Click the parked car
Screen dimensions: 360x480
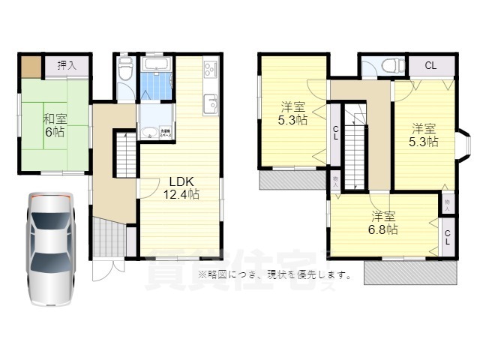pos(51,247)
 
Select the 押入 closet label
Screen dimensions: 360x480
pos(66,66)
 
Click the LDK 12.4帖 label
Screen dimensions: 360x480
pos(182,187)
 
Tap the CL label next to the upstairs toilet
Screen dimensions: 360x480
pos(430,66)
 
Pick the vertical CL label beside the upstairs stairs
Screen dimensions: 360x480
pos(335,134)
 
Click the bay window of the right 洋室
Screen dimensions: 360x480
pos(463,146)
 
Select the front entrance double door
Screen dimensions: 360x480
pos(106,269)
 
